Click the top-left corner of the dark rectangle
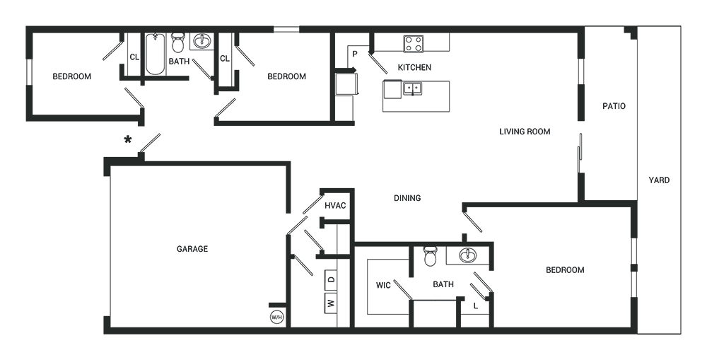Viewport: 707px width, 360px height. click(25, 25)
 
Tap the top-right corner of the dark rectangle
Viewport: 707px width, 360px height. click(682, 25)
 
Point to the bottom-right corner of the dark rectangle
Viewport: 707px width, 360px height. click(682, 334)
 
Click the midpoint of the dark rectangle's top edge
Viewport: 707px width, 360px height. click(353, 25)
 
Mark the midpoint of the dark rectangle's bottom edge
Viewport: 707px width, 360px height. click(353, 334)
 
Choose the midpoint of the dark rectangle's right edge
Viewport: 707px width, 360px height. click(682, 180)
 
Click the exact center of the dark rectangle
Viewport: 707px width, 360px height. click(353, 180)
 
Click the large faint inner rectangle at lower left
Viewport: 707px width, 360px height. click(198, 248)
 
